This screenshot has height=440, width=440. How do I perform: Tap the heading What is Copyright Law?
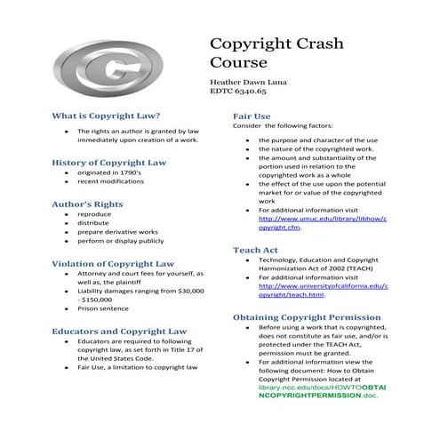click(106, 116)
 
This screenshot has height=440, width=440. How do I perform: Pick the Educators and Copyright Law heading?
click(119, 330)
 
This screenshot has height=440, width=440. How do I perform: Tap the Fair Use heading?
click(252, 116)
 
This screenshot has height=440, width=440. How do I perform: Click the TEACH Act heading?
click(255, 251)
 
